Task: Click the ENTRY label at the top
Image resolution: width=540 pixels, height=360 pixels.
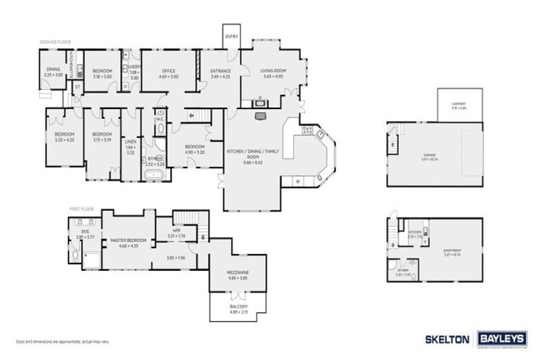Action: tap(231, 36)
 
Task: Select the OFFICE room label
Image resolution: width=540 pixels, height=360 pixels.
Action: tap(168, 71)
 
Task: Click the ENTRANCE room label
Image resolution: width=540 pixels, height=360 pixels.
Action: tap(220, 71)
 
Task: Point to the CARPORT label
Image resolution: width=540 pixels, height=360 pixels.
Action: tap(458, 103)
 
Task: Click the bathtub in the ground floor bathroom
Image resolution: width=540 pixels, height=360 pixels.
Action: tap(153, 174)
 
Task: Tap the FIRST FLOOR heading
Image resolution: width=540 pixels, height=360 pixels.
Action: tap(82, 209)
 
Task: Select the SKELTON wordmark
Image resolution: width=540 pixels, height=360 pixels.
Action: tap(446, 339)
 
